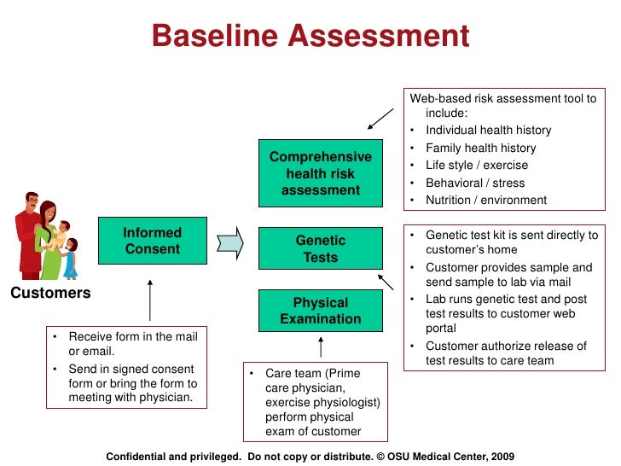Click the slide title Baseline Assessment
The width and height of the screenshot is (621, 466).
coord(310,36)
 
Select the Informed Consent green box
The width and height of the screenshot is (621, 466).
coord(153,241)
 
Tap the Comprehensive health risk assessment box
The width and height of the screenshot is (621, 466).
coord(321,173)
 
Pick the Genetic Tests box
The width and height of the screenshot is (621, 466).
coord(321,249)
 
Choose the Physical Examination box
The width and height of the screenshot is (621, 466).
coord(321,311)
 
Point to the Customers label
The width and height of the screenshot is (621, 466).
coord(50,293)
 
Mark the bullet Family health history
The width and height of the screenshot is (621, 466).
coord(480,148)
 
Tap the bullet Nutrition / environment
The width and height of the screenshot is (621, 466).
coord(486,200)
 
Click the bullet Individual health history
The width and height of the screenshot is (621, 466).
coord(488,131)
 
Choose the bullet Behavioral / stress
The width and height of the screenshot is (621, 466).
coord(475,183)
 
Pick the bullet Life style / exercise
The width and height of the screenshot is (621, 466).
coord(476,166)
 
